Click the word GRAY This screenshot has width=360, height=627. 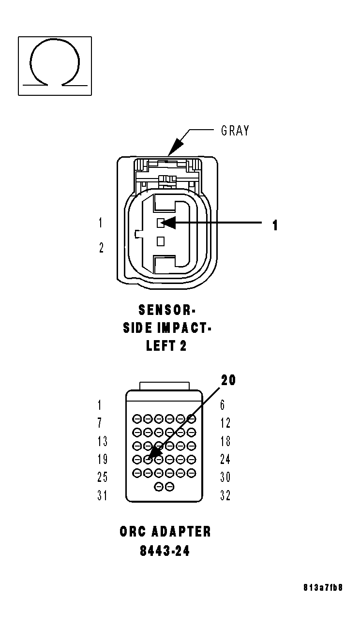click(x=235, y=131)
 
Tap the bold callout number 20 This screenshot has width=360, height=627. click(x=229, y=380)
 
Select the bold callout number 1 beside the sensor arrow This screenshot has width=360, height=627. click(x=275, y=225)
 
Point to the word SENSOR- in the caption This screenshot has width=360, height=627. click(x=166, y=309)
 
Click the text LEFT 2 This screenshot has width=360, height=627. click(x=166, y=346)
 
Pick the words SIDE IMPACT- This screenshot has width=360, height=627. click(x=167, y=328)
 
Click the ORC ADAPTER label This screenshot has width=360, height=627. click(x=165, y=532)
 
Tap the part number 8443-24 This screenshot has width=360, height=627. click(x=165, y=551)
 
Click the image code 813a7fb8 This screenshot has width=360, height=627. click(x=323, y=588)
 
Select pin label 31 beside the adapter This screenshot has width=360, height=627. click(x=102, y=495)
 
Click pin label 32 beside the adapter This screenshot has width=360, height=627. click(x=225, y=495)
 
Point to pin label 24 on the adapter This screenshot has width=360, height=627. click(x=225, y=459)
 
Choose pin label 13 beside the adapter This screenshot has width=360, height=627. click(x=102, y=441)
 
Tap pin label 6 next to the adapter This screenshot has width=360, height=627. click(x=223, y=405)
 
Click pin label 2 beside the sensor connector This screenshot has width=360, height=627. click(x=101, y=248)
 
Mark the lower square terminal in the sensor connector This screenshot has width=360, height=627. click(x=161, y=240)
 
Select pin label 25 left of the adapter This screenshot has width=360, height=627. click(x=102, y=478)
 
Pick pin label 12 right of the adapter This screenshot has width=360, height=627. click(x=225, y=423)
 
